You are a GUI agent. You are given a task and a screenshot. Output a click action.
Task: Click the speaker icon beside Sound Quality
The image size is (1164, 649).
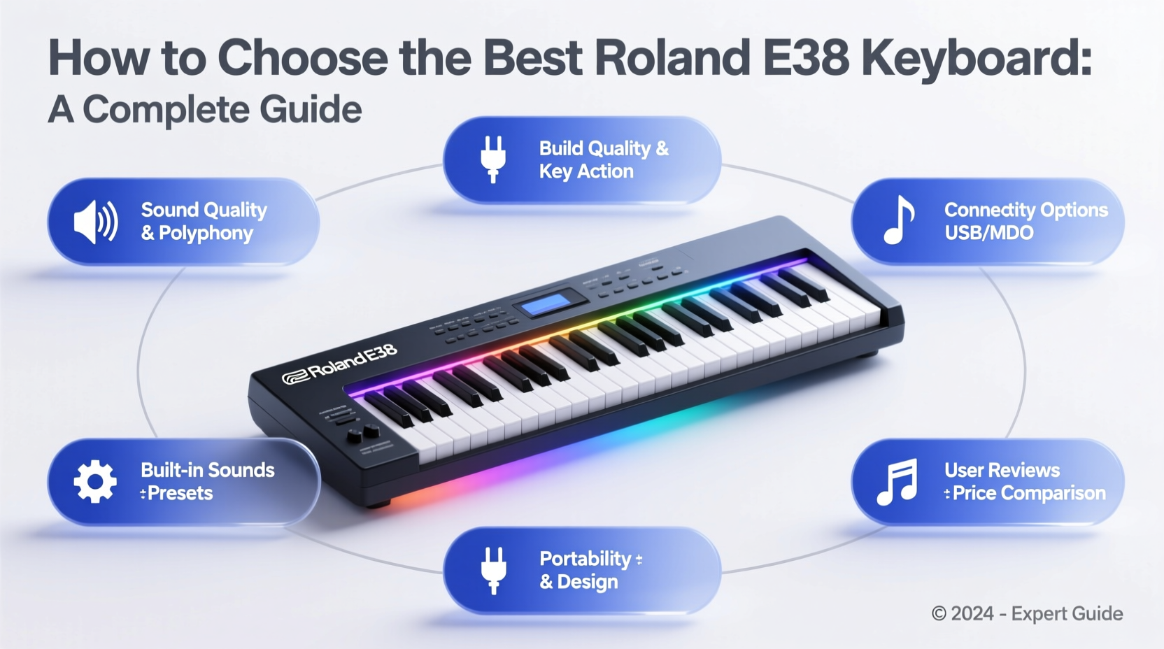(96, 222)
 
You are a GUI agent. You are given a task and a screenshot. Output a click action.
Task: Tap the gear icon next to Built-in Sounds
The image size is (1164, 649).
(95, 481)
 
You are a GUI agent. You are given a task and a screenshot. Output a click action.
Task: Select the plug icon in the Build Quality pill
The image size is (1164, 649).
(493, 159)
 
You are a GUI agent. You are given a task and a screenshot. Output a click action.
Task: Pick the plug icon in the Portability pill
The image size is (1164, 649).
(493, 570)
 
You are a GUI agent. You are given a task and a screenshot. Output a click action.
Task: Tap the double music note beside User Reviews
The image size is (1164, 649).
(897, 482)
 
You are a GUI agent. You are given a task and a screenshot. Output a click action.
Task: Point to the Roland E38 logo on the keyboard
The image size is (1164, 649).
(340, 364)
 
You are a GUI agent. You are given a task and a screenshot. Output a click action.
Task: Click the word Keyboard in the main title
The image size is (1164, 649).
(976, 58)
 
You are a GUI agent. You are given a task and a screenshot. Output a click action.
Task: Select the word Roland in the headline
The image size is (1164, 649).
(673, 58)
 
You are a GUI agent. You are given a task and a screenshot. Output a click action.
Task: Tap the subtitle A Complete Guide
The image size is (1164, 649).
(205, 110)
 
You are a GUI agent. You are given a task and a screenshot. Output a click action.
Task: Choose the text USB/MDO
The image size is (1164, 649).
(988, 233)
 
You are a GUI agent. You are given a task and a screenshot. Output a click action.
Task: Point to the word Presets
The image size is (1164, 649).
(180, 494)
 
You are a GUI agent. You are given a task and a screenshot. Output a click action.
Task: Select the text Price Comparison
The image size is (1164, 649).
(1029, 494)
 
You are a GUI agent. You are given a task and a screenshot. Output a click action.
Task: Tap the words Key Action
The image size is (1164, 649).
(586, 172)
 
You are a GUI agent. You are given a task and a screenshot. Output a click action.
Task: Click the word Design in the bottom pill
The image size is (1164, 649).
(588, 582)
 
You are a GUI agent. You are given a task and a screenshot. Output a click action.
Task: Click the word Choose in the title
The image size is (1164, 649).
(302, 58)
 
